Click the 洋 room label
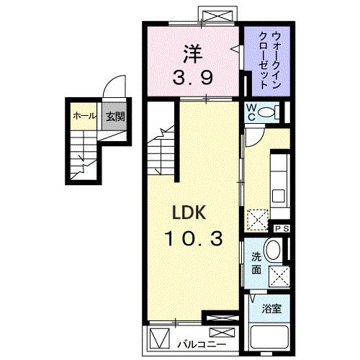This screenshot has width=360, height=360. point(191,54)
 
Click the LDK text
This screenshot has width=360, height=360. point(189,212)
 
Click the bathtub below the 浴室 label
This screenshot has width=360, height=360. point(269,338)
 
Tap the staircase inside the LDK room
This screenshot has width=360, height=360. point(162,151)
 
